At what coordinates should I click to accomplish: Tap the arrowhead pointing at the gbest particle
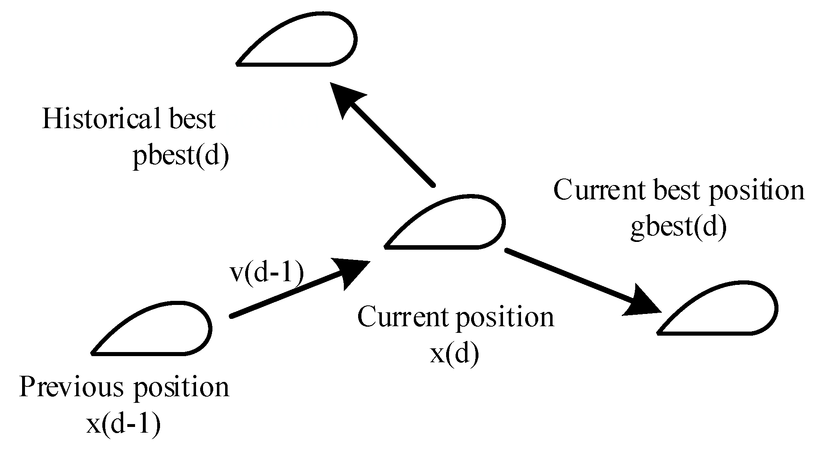tap(643, 301)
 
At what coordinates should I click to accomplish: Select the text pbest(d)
tap(180, 156)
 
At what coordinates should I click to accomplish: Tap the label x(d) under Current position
tap(454, 354)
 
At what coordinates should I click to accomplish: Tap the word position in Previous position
tap(182, 388)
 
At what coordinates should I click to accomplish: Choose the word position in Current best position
tap(757, 192)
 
